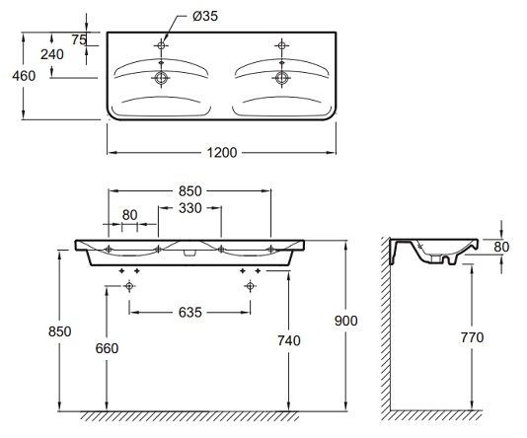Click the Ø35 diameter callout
(205, 16)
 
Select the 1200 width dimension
(222, 153)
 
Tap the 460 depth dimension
(24, 76)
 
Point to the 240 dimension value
(52, 54)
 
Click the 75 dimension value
(79, 40)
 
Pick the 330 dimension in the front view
(190, 208)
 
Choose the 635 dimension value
(190, 313)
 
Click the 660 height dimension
(107, 348)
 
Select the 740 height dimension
(289, 341)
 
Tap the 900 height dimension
(346, 322)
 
